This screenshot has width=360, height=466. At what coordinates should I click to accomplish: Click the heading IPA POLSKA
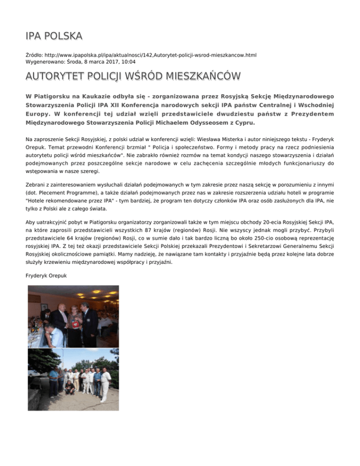[54, 37]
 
